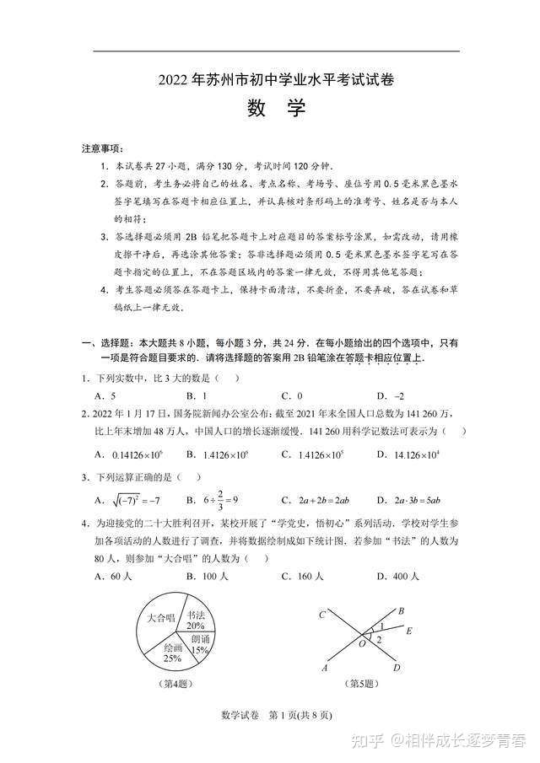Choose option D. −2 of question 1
coord(390,395)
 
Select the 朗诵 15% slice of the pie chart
coord(199,646)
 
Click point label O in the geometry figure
coord(363,643)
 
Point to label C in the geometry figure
coord(322,615)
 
